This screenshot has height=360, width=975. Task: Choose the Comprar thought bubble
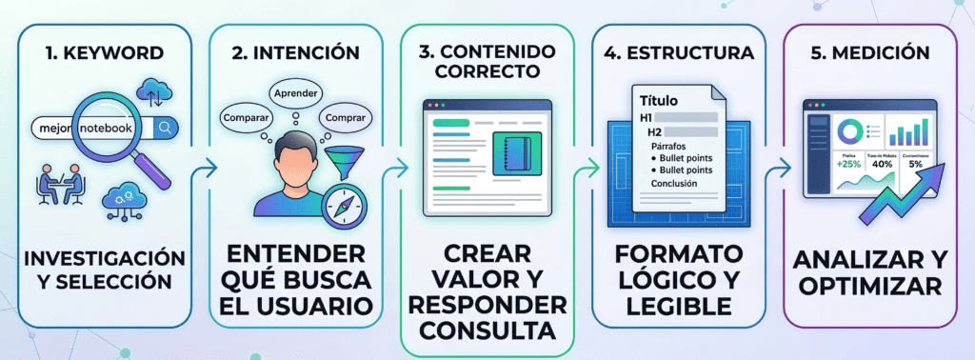(345, 118)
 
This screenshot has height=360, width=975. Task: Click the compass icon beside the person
(341, 207)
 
